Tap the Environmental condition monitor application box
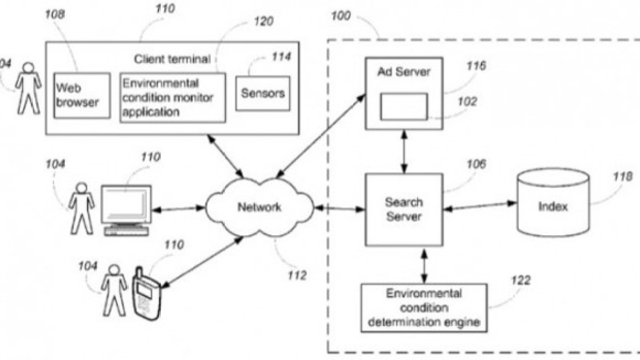[x=172, y=98]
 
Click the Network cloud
[x=259, y=207]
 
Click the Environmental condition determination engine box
[x=424, y=308]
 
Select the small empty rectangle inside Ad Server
[x=403, y=106]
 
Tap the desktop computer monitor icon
[x=126, y=205]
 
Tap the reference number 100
[x=340, y=15]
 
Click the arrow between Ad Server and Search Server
[x=404, y=151]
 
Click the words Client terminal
[x=172, y=59]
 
